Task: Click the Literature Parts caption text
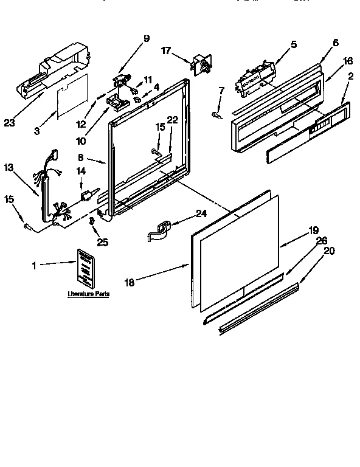(88, 294)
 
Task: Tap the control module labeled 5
(254, 77)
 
